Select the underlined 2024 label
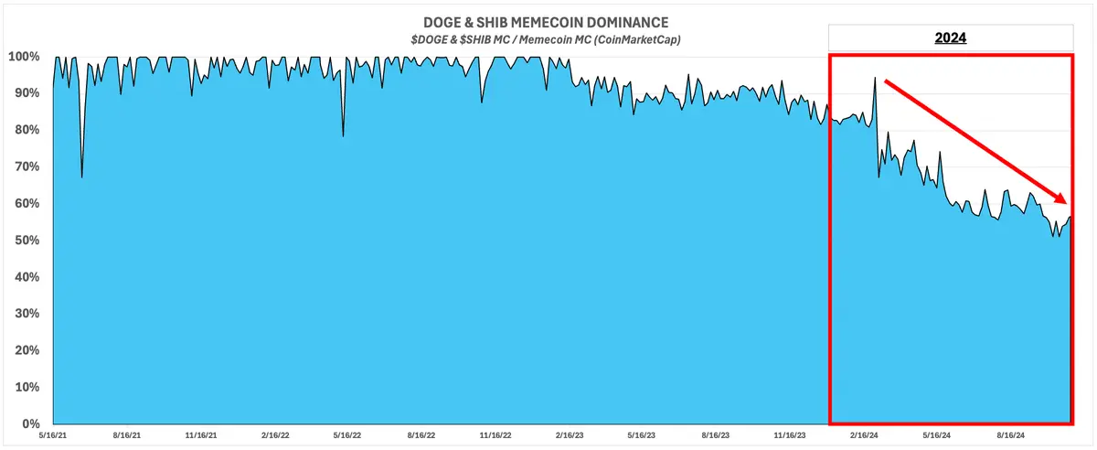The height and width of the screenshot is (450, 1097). [x=951, y=38]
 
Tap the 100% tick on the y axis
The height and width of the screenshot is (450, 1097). [x=23, y=57]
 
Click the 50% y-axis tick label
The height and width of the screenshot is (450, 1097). [x=26, y=241]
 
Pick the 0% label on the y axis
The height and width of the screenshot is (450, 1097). [x=29, y=424]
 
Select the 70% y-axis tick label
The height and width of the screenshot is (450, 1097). [x=26, y=166]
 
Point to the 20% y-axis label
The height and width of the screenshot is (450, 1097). [x=26, y=350]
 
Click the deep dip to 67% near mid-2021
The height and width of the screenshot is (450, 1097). [x=82, y=177]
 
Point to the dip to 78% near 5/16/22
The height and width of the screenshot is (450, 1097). [x=343, y=136]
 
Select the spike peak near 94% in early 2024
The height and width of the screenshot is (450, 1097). [x=875, y=78]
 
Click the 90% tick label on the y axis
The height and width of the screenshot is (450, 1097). [x=26, y=93]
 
